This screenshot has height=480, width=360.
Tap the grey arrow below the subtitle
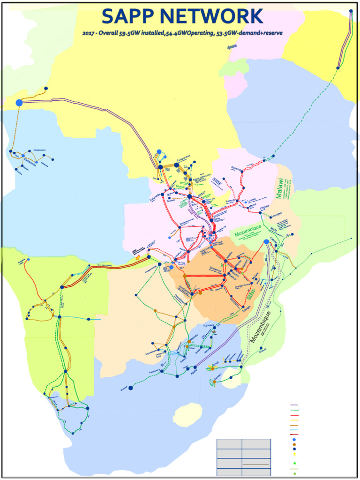(x=232, y=46)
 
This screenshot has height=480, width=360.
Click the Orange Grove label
(x=242, y=285)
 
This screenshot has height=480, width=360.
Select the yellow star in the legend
(x=294, y=454)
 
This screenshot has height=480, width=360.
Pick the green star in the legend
(x=294, y=464)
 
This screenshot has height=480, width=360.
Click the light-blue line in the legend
(x=294, y=430)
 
